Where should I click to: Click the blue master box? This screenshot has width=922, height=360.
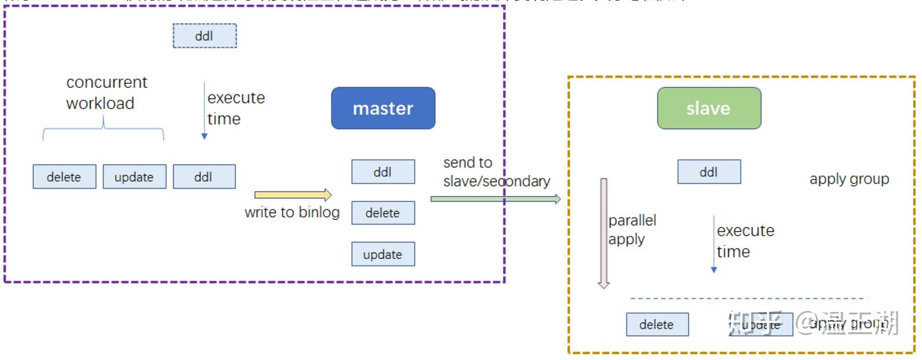coord(383,108)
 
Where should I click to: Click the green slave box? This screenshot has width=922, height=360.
coord(708,108)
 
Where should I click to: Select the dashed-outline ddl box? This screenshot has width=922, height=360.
coord(204,36)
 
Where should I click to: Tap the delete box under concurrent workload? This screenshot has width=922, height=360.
coord(64,177)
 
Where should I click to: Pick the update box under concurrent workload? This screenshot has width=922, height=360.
coord(134,177)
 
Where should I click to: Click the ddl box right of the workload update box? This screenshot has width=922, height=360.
coord(204,177)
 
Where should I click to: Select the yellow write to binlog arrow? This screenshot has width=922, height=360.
coord(293,194)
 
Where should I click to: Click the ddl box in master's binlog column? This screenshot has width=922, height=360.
coord(383,172)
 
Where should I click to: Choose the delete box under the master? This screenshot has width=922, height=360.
coord(383,213)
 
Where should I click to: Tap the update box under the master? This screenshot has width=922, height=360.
coord(383,254)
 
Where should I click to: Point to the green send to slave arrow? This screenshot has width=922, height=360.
coord(495,199)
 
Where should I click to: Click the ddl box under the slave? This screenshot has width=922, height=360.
coord(709,172)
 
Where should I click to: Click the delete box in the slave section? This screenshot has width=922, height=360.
coord(657,324)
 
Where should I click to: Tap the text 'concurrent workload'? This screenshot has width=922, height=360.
coord(106,93)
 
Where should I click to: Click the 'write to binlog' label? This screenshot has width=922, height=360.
coord(292,212)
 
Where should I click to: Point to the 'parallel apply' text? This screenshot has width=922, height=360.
coord(631,230)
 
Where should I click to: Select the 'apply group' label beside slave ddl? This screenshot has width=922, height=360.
coord(848,179)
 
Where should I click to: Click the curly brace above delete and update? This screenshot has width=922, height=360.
coord(103,129)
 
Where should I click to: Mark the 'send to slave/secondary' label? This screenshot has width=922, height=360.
coord(495,172)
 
